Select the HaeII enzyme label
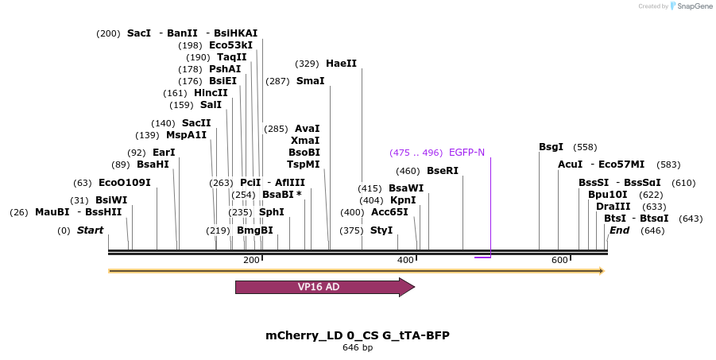pyautogui.click(x=341, y=64)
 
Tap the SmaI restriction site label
pyautogui.click(x=310, y=81)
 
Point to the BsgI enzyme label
pyautogui.click(x=551, y=147)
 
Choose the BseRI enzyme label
pyautogui.click(x=443, y=171)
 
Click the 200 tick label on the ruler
pyautogui.click(x=251, y=261)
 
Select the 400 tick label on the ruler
pyautogui.click(x=405, y=261)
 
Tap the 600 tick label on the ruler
pyautogui.click(x=559, y=261)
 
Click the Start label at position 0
pyautogui.click(x=90, y=230)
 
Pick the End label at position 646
pyautogui.click(x=619, y=230)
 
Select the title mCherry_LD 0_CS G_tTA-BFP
pyautogui.click(x=358, y=335)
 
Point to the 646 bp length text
pyautogui.click(x=358, y=348)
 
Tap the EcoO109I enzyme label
pyautogui.click(x=124, y=183)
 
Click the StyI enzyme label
pyautogui.click(x=381, y=230)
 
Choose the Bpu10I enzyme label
pyautogui.click(x=607, y=195)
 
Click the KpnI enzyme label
pyautogui.click(x=403, y=200)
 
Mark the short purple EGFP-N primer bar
pyautogui.click(x=482, y=257)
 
